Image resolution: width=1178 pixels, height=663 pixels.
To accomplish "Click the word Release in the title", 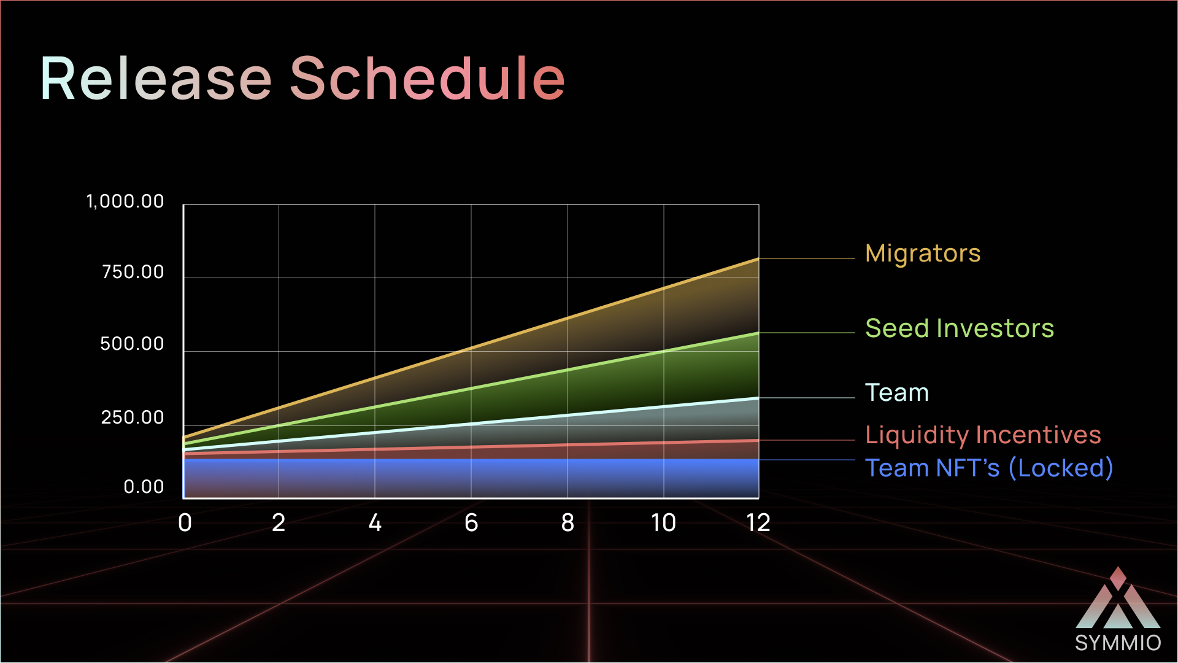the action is (156, 78).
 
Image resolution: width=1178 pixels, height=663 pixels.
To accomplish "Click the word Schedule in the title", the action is (427, 78).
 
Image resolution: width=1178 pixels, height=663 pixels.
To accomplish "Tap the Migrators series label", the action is (923, 254).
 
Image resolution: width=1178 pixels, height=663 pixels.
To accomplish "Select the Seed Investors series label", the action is (960, 328).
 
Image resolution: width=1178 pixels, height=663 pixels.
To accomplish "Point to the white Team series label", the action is (897, 392).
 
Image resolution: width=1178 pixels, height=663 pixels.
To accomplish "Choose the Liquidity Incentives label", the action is (983, 435).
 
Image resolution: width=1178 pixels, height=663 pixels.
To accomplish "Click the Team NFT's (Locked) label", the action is (989, 468).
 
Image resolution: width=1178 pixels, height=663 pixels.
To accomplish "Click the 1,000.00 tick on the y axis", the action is (125, 201).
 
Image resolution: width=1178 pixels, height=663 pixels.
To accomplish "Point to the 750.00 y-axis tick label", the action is (133, 272).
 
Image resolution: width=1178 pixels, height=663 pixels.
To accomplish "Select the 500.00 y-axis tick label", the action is (132, 344).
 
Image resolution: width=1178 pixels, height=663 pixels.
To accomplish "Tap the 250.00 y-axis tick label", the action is (133, 417).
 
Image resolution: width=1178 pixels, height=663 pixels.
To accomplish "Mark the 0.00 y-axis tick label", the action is (144, 487).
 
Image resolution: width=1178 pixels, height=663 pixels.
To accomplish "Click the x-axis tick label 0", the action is (185, 523).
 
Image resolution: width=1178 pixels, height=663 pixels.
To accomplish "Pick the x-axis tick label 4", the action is (375, 523).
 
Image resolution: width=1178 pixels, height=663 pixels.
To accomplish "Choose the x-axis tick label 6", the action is (471, 523).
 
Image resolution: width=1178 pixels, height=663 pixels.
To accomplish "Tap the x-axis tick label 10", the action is (663, 523).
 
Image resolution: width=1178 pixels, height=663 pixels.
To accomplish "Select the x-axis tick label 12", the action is (758, 523).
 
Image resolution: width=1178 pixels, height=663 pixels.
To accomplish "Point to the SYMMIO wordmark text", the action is (1118, 643).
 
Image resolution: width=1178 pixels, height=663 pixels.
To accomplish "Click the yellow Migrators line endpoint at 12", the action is (758, 259).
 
